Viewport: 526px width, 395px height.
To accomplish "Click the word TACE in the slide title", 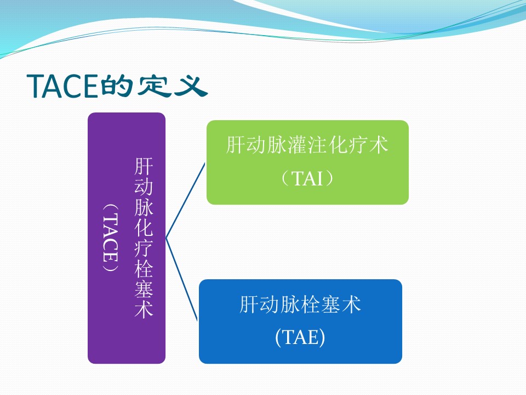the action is [x=62, y=86].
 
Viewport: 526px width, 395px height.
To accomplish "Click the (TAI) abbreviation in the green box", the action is [x=307, y=178].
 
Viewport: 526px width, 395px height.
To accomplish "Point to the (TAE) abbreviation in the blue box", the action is [x=300, y=337].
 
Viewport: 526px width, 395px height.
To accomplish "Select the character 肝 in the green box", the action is [x=236, y=145].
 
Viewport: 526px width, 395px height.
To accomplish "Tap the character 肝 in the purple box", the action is [x=144, y=167].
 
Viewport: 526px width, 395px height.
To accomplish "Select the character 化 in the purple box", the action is [x=144, y=227].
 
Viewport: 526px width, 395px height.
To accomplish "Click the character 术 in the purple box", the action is [x=144, y=308].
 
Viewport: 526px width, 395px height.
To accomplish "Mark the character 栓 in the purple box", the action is [x=144, y=268].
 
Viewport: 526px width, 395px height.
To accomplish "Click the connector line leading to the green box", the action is [x=185, y=201].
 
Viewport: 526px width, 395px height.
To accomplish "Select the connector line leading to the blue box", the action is [x=181, y=279].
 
